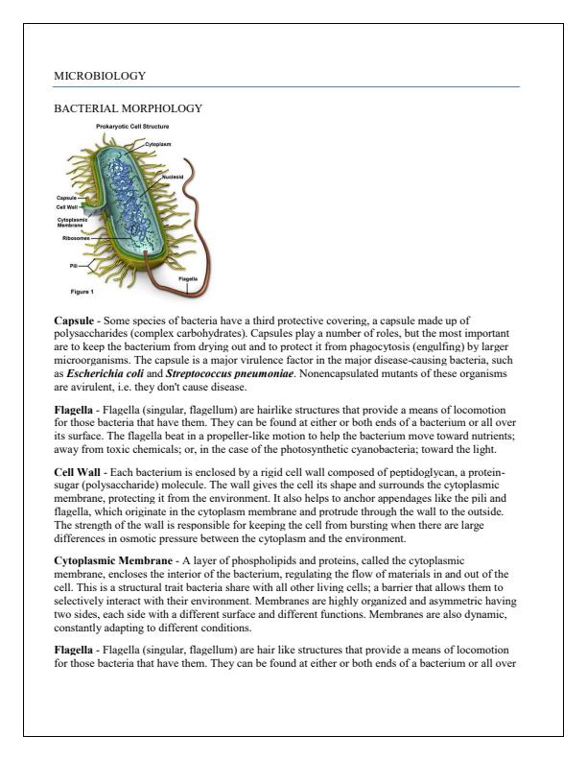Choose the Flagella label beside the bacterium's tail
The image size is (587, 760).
(x=187, y=278)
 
